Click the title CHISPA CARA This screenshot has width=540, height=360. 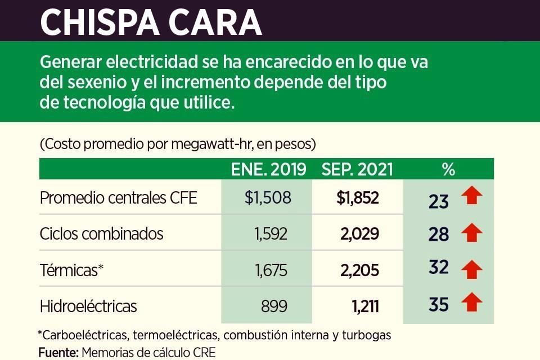(151, 21)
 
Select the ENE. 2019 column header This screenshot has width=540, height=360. (269, 169)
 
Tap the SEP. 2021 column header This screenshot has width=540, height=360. (357, 169)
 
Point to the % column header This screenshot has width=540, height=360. (448, 169)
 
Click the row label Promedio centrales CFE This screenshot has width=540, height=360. (119, 198)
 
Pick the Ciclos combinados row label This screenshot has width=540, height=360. (101, 233)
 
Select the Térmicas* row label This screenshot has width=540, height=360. (72, 270)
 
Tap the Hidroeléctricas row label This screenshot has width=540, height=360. (88, 307)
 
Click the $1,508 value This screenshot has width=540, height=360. (268, 198)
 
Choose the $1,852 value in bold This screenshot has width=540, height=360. (358, 198)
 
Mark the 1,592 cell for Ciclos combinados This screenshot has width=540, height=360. (271, 233)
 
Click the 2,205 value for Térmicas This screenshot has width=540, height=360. (359, 270)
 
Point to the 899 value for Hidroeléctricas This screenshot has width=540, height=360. (274, 307)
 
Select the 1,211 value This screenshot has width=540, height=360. (365, 307)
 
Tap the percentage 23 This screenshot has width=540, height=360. (439, 201)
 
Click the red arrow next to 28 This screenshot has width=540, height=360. (471, 232)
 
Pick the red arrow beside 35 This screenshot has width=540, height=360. (471, 304)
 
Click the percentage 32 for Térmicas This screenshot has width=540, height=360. (439, 267)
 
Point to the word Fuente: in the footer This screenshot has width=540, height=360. (58, 353)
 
